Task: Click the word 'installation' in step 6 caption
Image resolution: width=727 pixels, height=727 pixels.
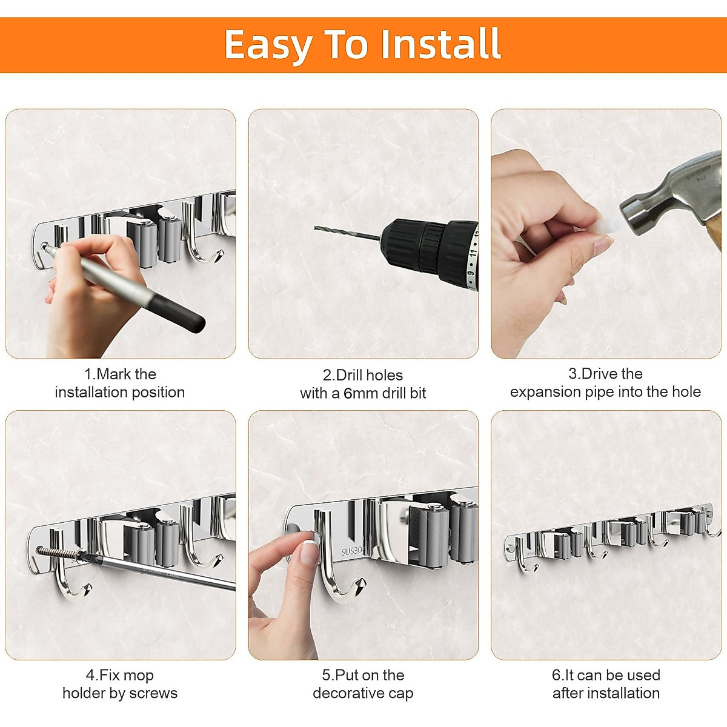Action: pos(624,693)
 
